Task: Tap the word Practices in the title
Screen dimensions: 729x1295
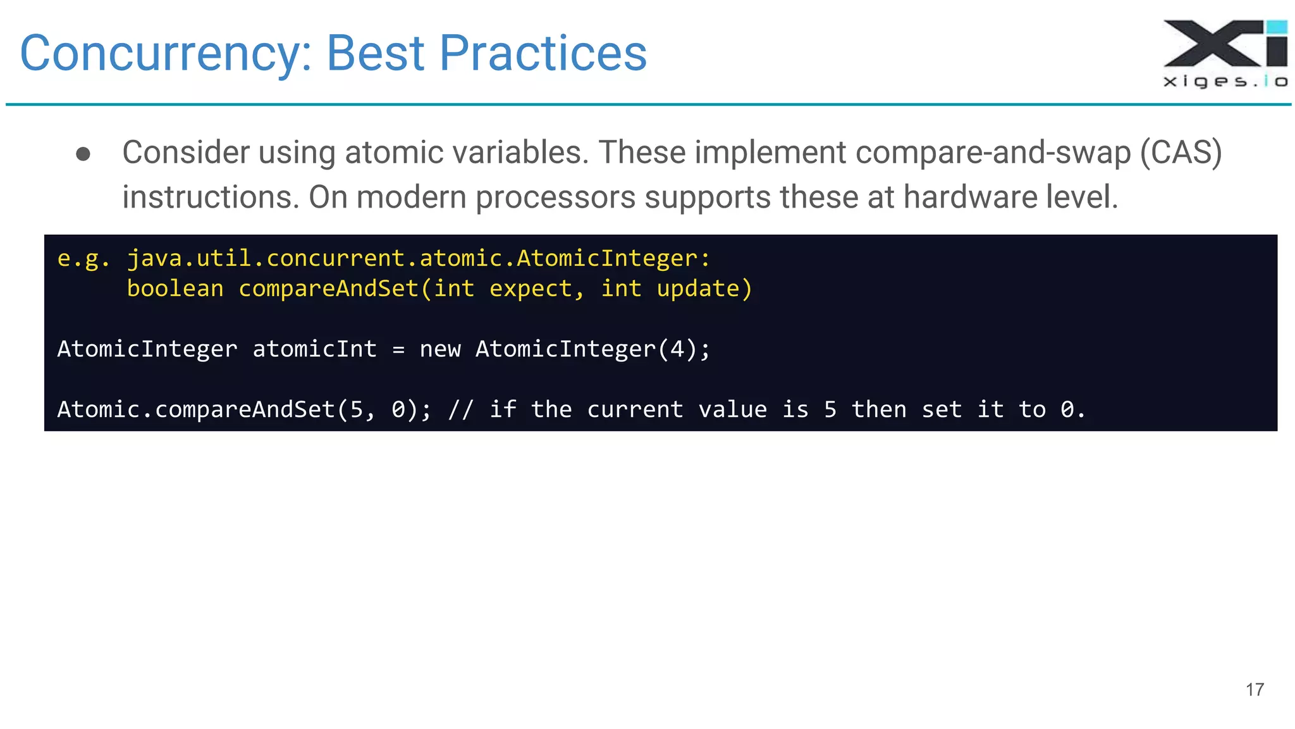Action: point(543,53)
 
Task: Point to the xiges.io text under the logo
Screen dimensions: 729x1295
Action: point(1225,81)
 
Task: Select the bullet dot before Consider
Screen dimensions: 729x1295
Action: point(83,154)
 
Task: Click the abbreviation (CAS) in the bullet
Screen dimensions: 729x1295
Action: point(1181,153)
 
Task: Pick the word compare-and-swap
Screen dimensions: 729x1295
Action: point(992,153)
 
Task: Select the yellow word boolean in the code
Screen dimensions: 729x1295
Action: point(175,289)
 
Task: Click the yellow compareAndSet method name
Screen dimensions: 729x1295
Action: point(329,289)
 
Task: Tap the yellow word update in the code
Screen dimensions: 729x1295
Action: point(698,289)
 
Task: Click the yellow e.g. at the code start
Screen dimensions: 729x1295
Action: point(83,258)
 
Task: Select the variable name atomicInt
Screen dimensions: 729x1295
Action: point(314,349)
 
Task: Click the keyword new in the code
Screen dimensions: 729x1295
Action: point(440,349)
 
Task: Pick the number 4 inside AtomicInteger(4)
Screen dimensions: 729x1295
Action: point(677,349)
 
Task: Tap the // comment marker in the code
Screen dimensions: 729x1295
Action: point(461,409)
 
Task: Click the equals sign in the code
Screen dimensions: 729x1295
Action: point(398,349)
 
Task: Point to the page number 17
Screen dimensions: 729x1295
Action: point(1255,689)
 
